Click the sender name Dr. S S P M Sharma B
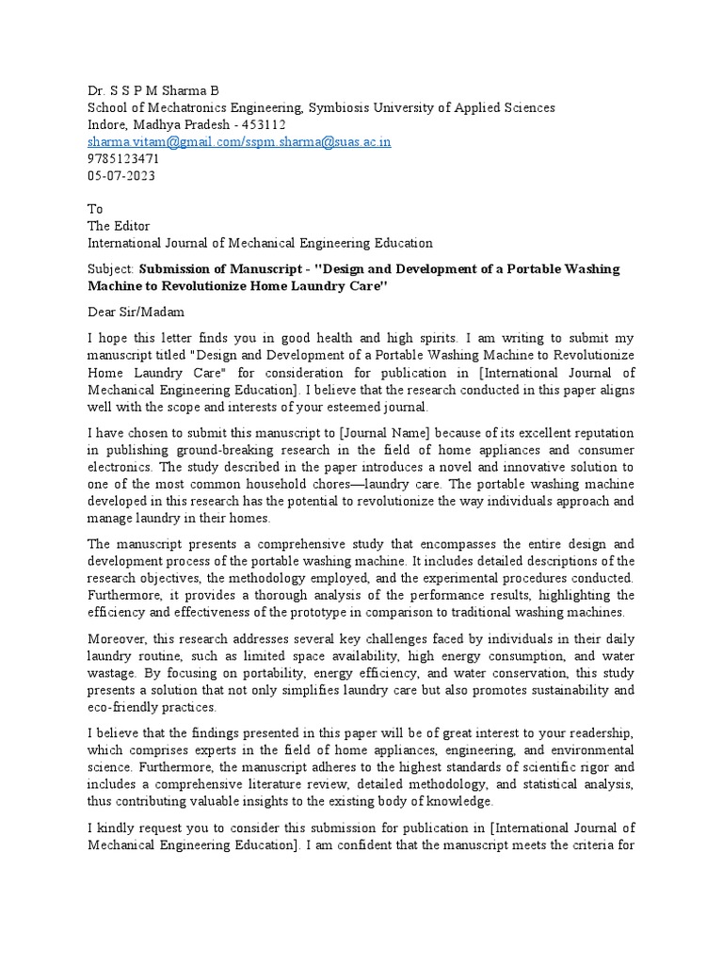[153, 90]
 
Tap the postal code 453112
[264, 124]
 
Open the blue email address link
[239, 141]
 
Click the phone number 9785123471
[123, 158]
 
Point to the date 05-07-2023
[121, 175]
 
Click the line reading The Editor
[120, 226]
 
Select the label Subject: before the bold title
[111, 269]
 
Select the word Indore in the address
[109, 124]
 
